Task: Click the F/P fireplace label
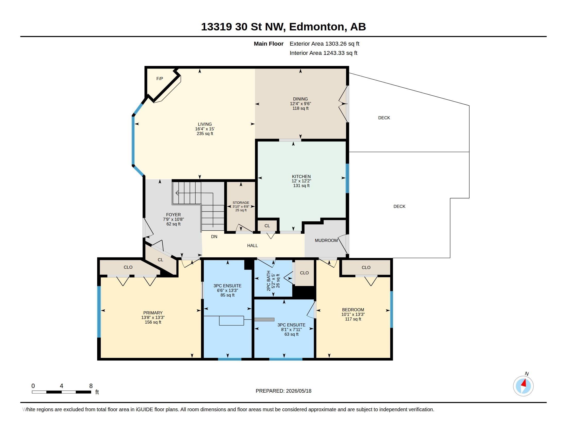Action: click(x=160, y=79)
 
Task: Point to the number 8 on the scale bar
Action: click(x=91, y=386)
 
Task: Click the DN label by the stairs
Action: click(x=214, y=237)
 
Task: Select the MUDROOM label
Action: click(x=326, y=241)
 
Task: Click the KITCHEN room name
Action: click(x=301, y=176)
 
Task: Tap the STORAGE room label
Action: click(x=241, y=203)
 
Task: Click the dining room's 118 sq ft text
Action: click(x=300, y=108)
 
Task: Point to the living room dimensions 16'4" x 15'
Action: click(x=205, y=129)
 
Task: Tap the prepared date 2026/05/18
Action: click(x=298, y=391)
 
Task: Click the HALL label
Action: click(x=252, y=246)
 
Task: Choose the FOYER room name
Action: click(x=173, y=215)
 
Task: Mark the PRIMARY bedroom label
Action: click(x=153, y=313)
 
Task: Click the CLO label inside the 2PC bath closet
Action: click(x=304, y=273)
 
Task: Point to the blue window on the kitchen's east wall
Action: click(x=347, y=178)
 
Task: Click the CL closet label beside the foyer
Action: click(x=161, y=260)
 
